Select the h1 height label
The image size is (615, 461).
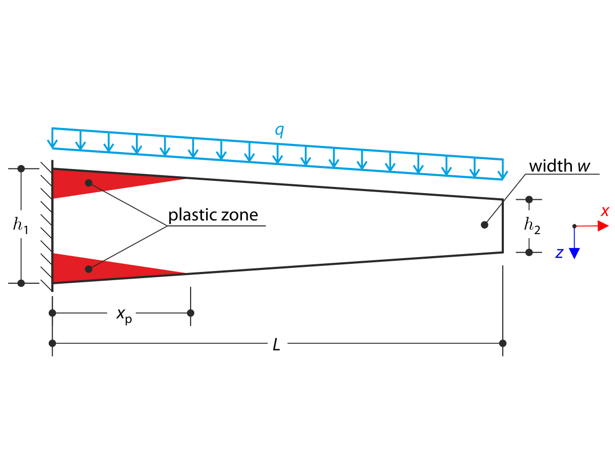pyautogui.click(x=21, y=226)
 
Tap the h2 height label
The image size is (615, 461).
pyautogui.click(x=532, y=226)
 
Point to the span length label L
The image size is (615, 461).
pyautogui.click(x=277, y=345)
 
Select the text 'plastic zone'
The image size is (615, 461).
pyautogui.click(x=213, y=215)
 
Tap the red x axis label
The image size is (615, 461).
pyautogui.click(x=605, y=211)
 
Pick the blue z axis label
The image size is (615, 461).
pyautogui.click(x=560, y=253)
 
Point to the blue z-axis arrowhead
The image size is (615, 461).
pyautogui.click(x=575, y=253)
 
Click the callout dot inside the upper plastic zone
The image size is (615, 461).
pyautogui.click(x=89, y=183)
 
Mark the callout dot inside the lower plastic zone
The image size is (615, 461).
pyautogui.click(x=89, y=269)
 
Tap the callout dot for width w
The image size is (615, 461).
pyautogui.click(x=484, y=224)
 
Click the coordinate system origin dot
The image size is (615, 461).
pyautogui.click(x=575, y=226)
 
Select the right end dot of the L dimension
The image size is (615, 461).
pyautogui.click(x=503, y=343)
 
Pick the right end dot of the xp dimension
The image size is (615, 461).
pyautogui.click(x=191, y=313)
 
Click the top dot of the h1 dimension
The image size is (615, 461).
pyautogui.click(x=21, y=169)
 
